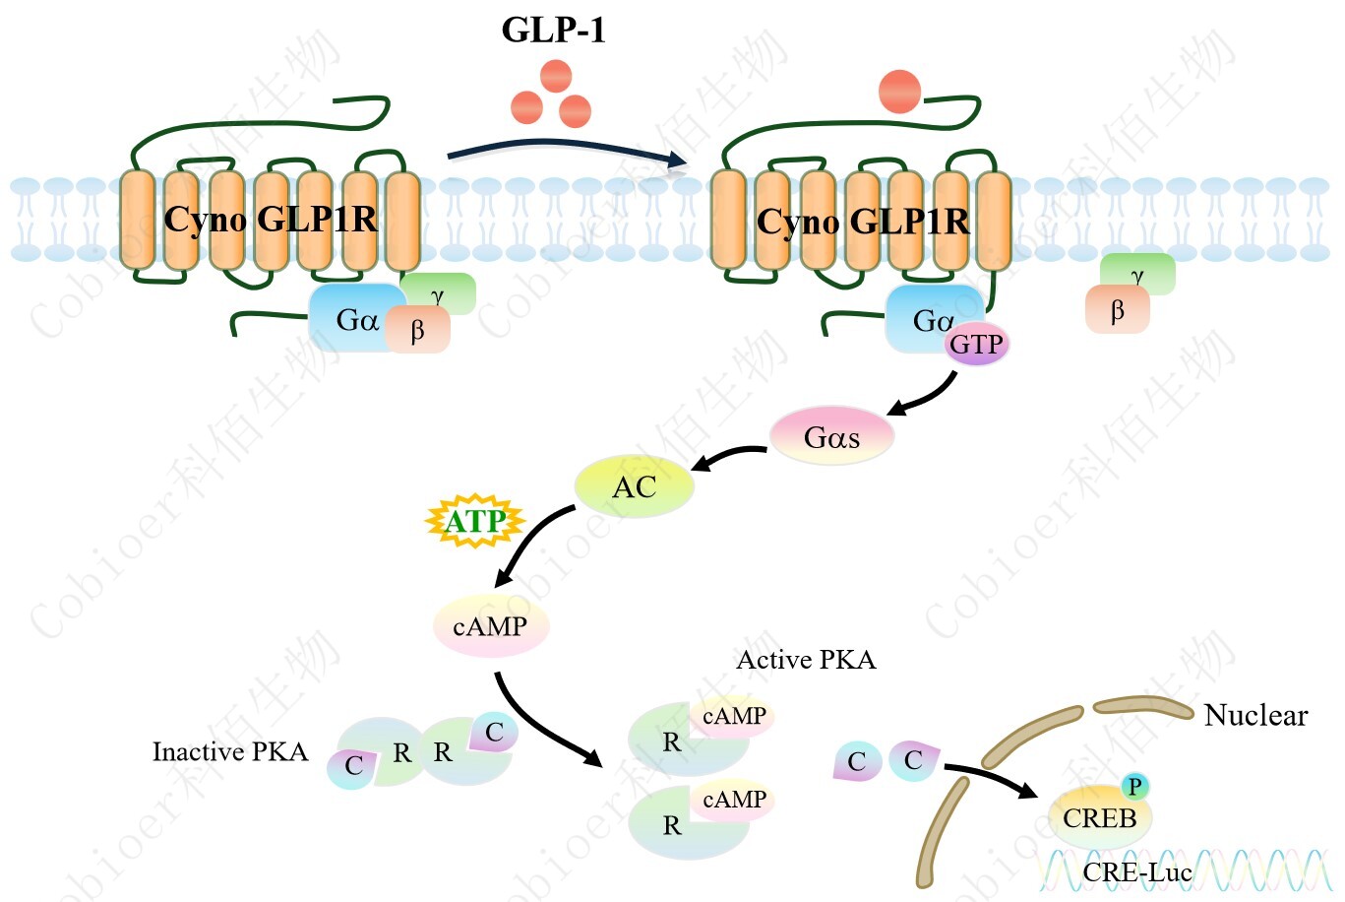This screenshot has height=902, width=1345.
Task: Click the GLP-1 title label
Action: (x=553, y=30)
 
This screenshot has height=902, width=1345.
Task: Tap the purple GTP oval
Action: (x=976, y=345)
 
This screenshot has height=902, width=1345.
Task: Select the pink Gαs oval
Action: (x=831, y=436)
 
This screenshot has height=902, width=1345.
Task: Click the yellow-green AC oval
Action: (x=634, y=486)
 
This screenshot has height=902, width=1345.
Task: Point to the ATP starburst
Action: (x=475, y=521)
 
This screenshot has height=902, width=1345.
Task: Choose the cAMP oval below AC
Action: (x=490, y=626)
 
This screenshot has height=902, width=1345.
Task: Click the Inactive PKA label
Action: (x=229, y=752)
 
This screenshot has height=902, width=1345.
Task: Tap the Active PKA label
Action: (x=806, y=660)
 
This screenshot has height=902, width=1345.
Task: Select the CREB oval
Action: (x=1099, y=818)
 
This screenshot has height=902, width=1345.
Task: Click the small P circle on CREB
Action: (x=1134, y=786)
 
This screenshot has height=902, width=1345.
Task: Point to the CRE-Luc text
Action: (x=1136, y=872)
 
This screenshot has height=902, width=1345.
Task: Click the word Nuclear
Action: (x=1255, y=715)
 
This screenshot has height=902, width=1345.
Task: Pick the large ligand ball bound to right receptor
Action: (x=899, y=92)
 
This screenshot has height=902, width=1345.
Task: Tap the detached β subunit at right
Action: (x=1117, y=311)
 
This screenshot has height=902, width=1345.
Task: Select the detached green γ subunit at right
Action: (x=1138, y=274)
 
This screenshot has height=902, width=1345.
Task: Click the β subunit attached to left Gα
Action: (x=417, y=330)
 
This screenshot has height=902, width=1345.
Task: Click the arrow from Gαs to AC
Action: (x=729, y=455)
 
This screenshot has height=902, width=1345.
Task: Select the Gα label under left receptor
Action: (x=356, y=320)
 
